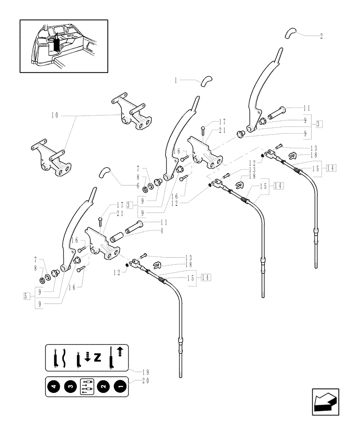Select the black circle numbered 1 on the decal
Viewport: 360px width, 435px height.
(x=119, y=386)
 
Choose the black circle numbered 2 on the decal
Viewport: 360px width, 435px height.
(x=103, y=386)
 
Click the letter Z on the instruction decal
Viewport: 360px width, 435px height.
(x=97, y=358)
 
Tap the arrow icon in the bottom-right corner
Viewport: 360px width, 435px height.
(x=325, y=402)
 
